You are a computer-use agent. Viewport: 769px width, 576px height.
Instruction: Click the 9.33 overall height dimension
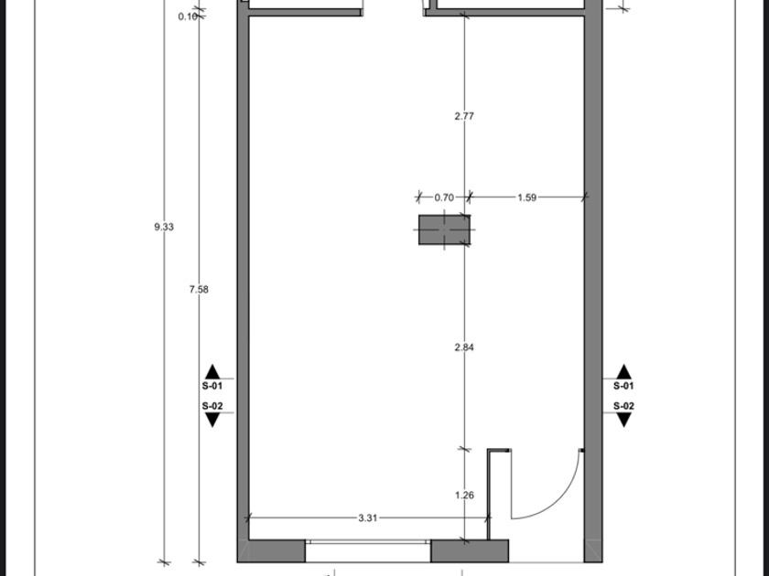[x=164, y=227]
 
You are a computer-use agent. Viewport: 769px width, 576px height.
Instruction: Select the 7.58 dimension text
[x=199, y=290]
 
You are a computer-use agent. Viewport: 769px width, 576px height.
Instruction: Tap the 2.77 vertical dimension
[x=464, y=116]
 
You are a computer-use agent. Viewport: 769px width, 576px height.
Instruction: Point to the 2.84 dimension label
[x=464, y=347]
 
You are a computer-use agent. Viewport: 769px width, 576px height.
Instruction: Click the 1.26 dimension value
[x=464, y=496]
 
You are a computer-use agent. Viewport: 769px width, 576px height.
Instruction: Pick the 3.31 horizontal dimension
[x=368, y=517]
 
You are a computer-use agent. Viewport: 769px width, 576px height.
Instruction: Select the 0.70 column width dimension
[x=444, y=197]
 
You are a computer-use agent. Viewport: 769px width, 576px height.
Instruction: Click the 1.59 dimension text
[x=526, y=197]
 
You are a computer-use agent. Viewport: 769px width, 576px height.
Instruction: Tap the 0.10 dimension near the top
[x=188, y=16]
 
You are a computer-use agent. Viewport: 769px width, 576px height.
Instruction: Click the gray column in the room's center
[x=444, y=229]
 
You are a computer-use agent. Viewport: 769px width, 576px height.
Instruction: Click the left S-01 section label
[x=211, y=386]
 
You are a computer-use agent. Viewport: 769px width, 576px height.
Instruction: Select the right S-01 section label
[x=623, y=386]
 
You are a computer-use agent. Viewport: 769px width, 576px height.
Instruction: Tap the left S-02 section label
[x=211, y=406]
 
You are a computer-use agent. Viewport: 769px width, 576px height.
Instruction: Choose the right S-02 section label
[x=623, y=406]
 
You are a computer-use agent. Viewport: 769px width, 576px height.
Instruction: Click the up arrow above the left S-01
[x=211, y=372]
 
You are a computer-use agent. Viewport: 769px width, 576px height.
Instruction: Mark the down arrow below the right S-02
[x=623, y=420]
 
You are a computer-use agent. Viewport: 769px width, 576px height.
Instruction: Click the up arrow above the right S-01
[x=623, y=372]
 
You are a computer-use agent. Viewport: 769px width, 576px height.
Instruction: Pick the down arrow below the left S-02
[x=211, y=420]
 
